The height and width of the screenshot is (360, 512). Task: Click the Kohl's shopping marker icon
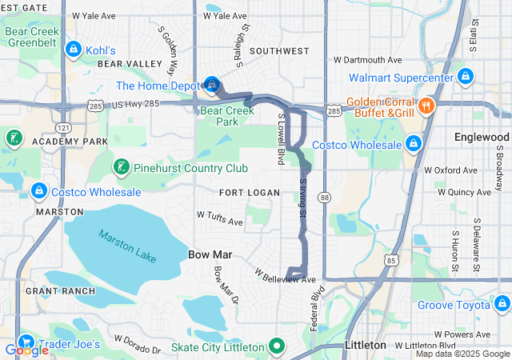click(73, 50)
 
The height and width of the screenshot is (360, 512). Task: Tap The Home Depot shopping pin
click(213, 84)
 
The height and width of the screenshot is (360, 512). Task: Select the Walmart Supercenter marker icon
click(465, 78)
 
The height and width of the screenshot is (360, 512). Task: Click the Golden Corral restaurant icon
click(426, 105)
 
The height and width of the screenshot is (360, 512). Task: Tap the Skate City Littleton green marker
click(277, 346)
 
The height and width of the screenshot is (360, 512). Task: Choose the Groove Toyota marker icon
click(502, 304)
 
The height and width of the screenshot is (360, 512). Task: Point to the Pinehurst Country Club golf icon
click(121, 167)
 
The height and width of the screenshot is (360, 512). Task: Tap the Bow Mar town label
click(210, 254)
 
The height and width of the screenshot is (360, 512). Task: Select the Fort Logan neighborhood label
click(250, 193)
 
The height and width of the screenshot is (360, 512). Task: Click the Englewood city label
click(481, 137)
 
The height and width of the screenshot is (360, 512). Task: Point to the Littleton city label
click(364, 345)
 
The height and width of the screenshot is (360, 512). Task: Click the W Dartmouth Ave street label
click(367, 60)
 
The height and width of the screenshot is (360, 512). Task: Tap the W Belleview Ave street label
click(286, 277)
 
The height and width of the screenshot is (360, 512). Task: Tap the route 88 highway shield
click(324, 197)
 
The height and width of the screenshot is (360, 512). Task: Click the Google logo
click(26, 350)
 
